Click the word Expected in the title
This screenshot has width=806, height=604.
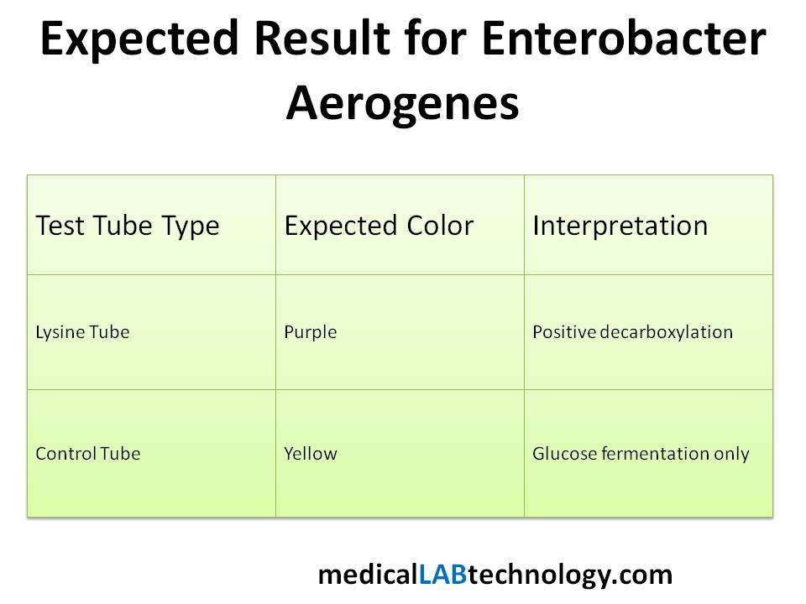pos(139,39)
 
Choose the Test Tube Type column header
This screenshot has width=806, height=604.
pos(128,226)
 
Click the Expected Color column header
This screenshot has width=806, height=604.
pos(379,226)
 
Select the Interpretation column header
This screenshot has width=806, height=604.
pos(620,226)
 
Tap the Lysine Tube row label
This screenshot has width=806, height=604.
pos(82,333)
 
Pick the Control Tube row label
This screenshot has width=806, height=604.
pos(88,454)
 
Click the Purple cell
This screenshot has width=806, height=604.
pos(311,333)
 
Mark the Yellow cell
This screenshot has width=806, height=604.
pos(311,454)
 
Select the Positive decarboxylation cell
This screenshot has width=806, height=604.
pos(633,333)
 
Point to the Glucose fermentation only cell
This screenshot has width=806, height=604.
pos(641,454)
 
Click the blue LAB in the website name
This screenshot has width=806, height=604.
pos(442,575)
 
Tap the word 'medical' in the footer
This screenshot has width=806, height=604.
pos(369,575)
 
